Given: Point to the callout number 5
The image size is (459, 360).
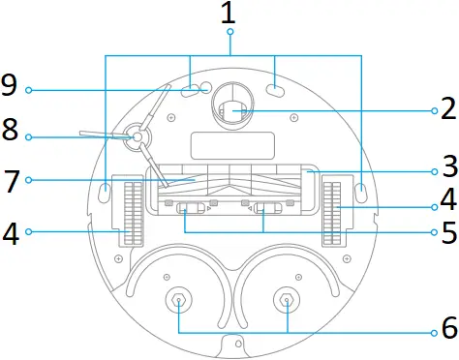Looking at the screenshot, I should click(x=447, y=232).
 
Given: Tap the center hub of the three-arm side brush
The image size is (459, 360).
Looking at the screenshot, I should click(x=134, y=139).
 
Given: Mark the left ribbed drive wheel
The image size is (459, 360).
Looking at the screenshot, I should click(x=133, y=211).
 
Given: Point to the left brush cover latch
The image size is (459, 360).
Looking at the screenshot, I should click(x=191, y=208).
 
